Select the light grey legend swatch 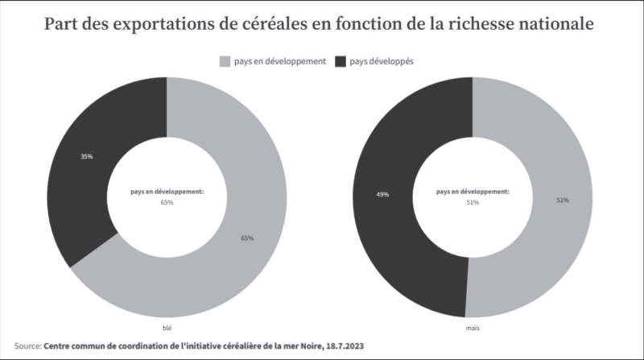pyautogui.click(x=225, y=61)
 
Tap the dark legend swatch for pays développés pyautogui.click(x=340, y=61)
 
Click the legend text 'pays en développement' pyautogui.click(x=279, y=61)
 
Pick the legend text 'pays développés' pyautogui.click(x=381, y=61)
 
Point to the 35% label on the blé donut pyautogui.click(x=86, y=156)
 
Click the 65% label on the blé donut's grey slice pyautogui.click(x=247, y=238)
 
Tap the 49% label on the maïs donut pyautogui.click(x=383, y=195)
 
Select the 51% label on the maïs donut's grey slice pyautogui.click(x=562, y=200)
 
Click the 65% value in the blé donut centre pyautogui.click(x=167, y=202)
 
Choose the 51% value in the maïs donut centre pyautogui.click(x=473, y=202)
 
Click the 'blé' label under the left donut pyautogui.click(x=167, y=329)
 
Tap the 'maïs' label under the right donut pyautogui.click(x=473, y=329)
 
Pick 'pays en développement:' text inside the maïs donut pyautogui.click(x=473, y=192)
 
